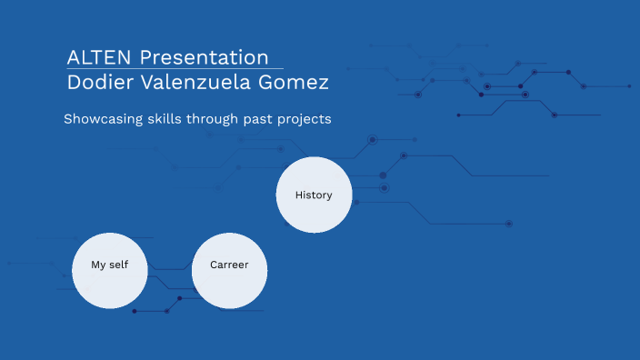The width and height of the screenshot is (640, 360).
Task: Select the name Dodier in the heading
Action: coord(99,83)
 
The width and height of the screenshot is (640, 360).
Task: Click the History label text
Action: coord(314,195)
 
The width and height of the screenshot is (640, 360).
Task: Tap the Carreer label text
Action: coord(229,265)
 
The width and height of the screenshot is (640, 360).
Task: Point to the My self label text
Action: coord(110,265)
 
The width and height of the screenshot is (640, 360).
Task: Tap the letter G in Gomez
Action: coord(274,83)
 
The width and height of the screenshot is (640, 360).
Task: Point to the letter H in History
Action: coord(299,195)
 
